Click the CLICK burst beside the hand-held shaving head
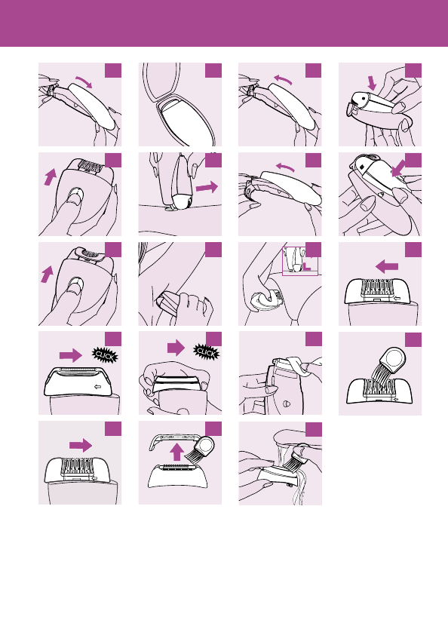[207, 351]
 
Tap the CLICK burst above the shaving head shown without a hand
[106, 355]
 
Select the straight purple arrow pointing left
[387, 266]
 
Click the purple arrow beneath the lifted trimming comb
[176, 452]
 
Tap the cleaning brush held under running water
[297, 459]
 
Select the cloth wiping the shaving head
[299, 366]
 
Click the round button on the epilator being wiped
[287, 403]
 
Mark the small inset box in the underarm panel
[300, 261]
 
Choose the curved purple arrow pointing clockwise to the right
[84, 81]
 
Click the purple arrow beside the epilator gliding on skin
[207, 187]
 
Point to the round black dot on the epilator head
[364, 97]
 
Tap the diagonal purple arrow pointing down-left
[398, 168]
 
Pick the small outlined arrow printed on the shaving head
[97, 387]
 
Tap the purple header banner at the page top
[224, 23]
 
